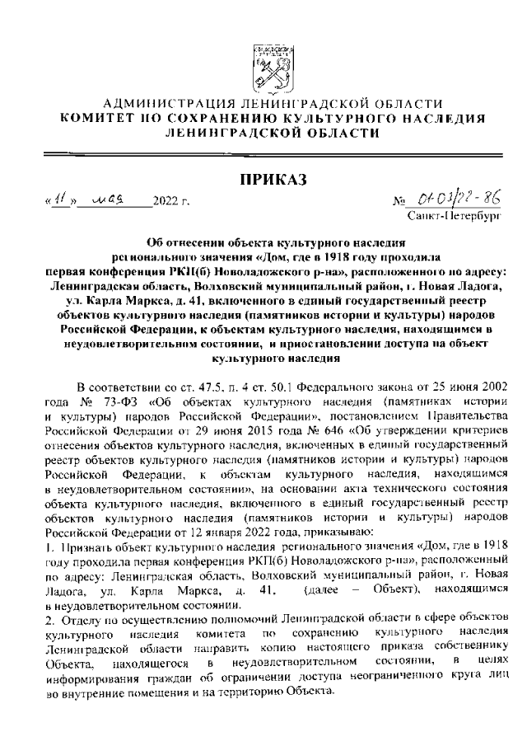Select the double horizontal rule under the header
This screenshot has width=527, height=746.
263,154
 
